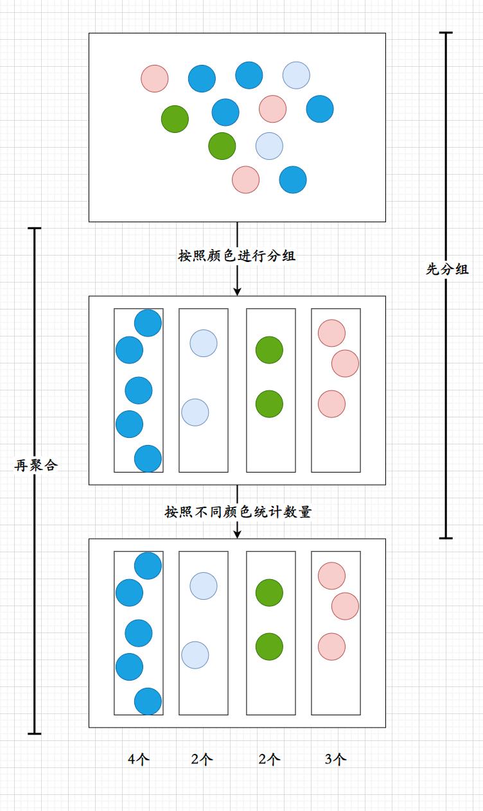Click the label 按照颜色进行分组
pyautogui.click(x=237, y=256)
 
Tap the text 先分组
pyautogui.click(x=448, y=269)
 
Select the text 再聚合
pyautogui.click(x=36, y=466)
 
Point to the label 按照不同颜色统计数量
pyautogui.click(x=238, y=512)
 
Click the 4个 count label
pyautogui.click(x=139, y=759)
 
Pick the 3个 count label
pyautogui.click(x=336, y=759)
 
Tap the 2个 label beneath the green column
pyautogui.click(x=270, y=759)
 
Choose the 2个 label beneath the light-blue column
pyautogui.click(x=202, y=759)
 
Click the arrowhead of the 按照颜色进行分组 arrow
pyautogui.click(x=237, y=291)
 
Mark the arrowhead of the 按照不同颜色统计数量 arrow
pyautogui.click(x=237, y=534)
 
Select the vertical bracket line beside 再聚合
pyautogui.click(x=35, y=578)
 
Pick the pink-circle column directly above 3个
pyautogui.click(x=336, y=681)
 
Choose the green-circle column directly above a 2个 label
pyautogui.click(x=270, y=681)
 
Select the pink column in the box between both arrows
pyautogui.click(x=336, y=437)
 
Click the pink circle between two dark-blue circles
pyautogui.click(x=273, y=109)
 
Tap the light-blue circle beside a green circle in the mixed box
pyautogui.click(x=270, y=146)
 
